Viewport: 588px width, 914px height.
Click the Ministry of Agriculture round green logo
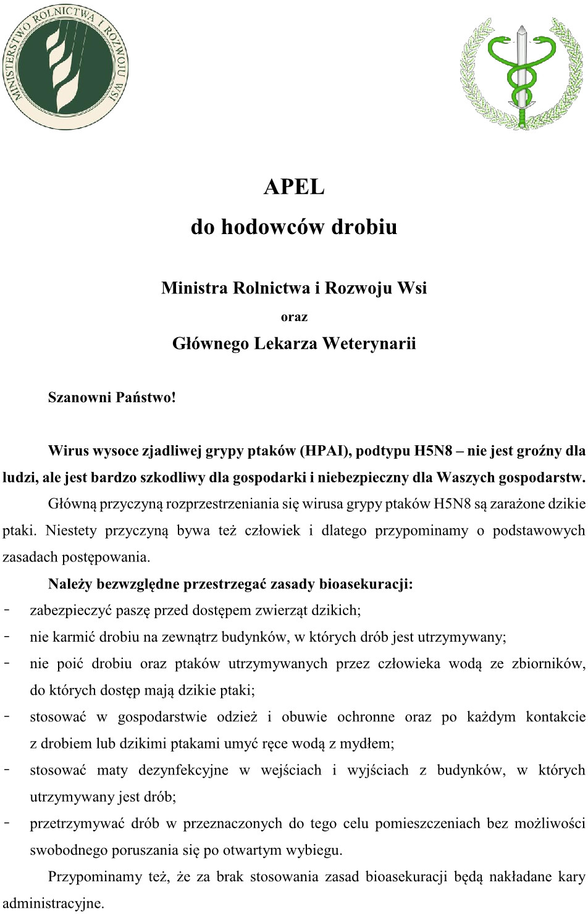click(x=66, y=67)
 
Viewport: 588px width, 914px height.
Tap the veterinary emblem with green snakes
click(x=522, y=73)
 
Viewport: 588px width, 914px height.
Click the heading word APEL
click(x=294, y=187)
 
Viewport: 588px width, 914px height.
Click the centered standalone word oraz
click(x=294, y=317)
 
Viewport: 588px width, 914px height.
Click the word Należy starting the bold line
click(x=70, y=584)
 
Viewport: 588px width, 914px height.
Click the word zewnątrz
click(x=190, y=637)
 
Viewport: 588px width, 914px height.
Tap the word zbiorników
click(x=548, y=664)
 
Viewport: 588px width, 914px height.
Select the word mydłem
click(x=369, y=744)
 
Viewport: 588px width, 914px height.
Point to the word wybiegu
click(x=314, y=850)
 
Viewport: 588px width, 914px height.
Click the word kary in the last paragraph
click(x=571, y=877)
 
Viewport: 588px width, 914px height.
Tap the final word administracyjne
click(x=53, y=903)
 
